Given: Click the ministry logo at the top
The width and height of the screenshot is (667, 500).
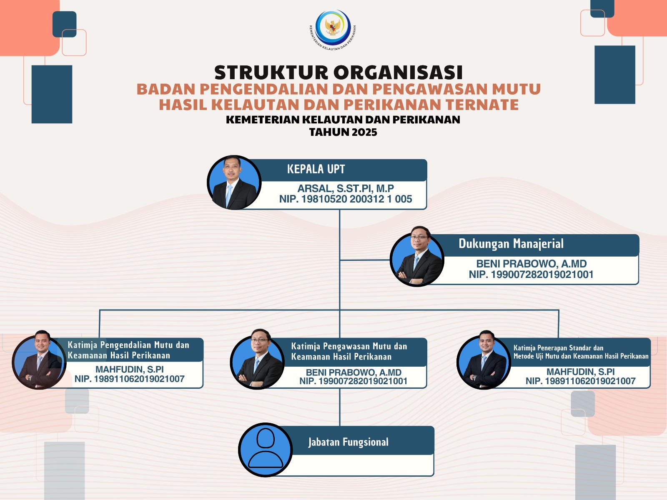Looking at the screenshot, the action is [x=333, y=30].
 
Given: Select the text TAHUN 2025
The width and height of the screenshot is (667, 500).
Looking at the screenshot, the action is [x=343, y=132].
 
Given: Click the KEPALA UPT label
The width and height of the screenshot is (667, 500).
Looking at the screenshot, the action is [x=316, y=169].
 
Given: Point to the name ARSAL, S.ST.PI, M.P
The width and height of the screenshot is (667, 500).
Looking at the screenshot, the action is [x=346, y=188].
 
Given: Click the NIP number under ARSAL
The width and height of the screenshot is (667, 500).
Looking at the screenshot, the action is [x=346, y=199].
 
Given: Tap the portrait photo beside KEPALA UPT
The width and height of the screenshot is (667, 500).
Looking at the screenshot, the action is [x=234, y=182].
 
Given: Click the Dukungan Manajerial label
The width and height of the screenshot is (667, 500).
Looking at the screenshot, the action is [x=511, y=244].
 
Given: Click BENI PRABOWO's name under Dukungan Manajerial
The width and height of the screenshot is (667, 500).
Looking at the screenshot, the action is [x=531, y=263].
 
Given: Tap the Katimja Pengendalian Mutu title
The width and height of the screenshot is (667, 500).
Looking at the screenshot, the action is [x=128, y=350].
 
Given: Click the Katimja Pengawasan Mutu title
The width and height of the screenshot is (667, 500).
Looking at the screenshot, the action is [x=349, y=351].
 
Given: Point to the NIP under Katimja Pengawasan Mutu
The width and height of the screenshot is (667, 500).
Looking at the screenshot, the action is [x=354, y=381].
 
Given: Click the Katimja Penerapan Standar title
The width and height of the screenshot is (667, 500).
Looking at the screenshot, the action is [x=581, y=352].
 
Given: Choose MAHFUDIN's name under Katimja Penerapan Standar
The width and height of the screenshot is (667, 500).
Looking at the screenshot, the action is [x=581, y=372].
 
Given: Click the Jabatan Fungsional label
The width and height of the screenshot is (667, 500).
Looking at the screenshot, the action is [x=348, y=442].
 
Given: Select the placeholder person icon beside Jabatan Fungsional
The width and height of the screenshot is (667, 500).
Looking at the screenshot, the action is [x=265, y=450].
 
